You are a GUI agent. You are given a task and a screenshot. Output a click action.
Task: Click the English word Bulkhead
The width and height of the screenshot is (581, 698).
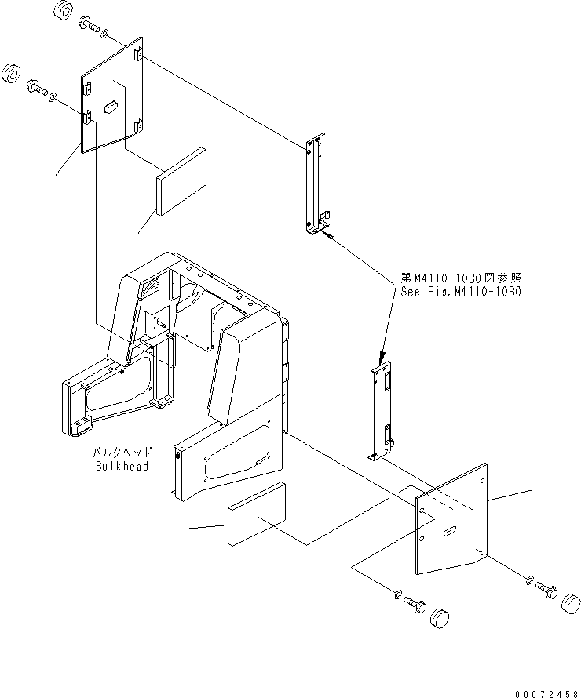(122, 466)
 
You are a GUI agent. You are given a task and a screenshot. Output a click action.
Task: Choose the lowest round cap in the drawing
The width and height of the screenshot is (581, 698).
(441, 616)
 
